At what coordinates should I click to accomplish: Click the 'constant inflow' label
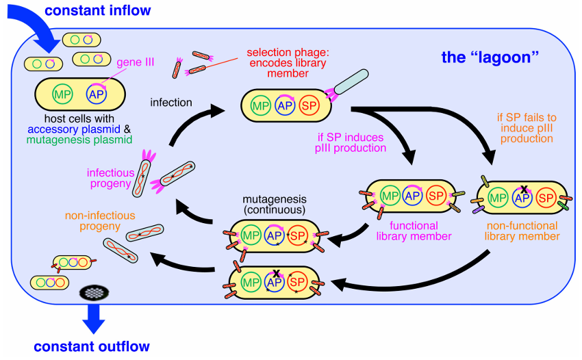[x=98, y=10]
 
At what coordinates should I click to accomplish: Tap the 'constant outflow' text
[x=92, y=346]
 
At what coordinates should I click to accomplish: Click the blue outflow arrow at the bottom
[x=94, y=318]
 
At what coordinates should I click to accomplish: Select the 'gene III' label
[x=135, y=62]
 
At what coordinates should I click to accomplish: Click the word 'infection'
[x=171, y=103]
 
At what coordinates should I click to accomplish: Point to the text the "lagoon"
[x=490, y=57]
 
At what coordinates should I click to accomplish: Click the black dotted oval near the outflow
[x=94, y=293]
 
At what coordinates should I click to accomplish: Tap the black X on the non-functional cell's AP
[x=524, y=190]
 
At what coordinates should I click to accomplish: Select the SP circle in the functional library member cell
[x=436, y=196]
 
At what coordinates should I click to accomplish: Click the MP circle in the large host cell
[x=62, y=94]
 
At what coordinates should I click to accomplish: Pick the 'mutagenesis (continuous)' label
[x=275, y=205]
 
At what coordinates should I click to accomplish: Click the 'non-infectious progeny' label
[x=100, y=221]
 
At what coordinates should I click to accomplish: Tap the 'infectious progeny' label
[x=110, y=178]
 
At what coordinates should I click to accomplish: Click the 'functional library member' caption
[x=414, y=231]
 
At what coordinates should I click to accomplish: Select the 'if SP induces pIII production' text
[x=351, y=142]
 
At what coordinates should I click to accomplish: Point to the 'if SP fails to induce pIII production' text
[x=527, y=128]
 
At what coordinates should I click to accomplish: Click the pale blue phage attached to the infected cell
[x=351, y=81]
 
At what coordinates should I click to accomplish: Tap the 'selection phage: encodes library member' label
[x=288, y=63]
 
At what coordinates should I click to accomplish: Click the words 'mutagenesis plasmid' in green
[x=79, y=140]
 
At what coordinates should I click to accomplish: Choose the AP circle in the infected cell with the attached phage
[x=285, y=105]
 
